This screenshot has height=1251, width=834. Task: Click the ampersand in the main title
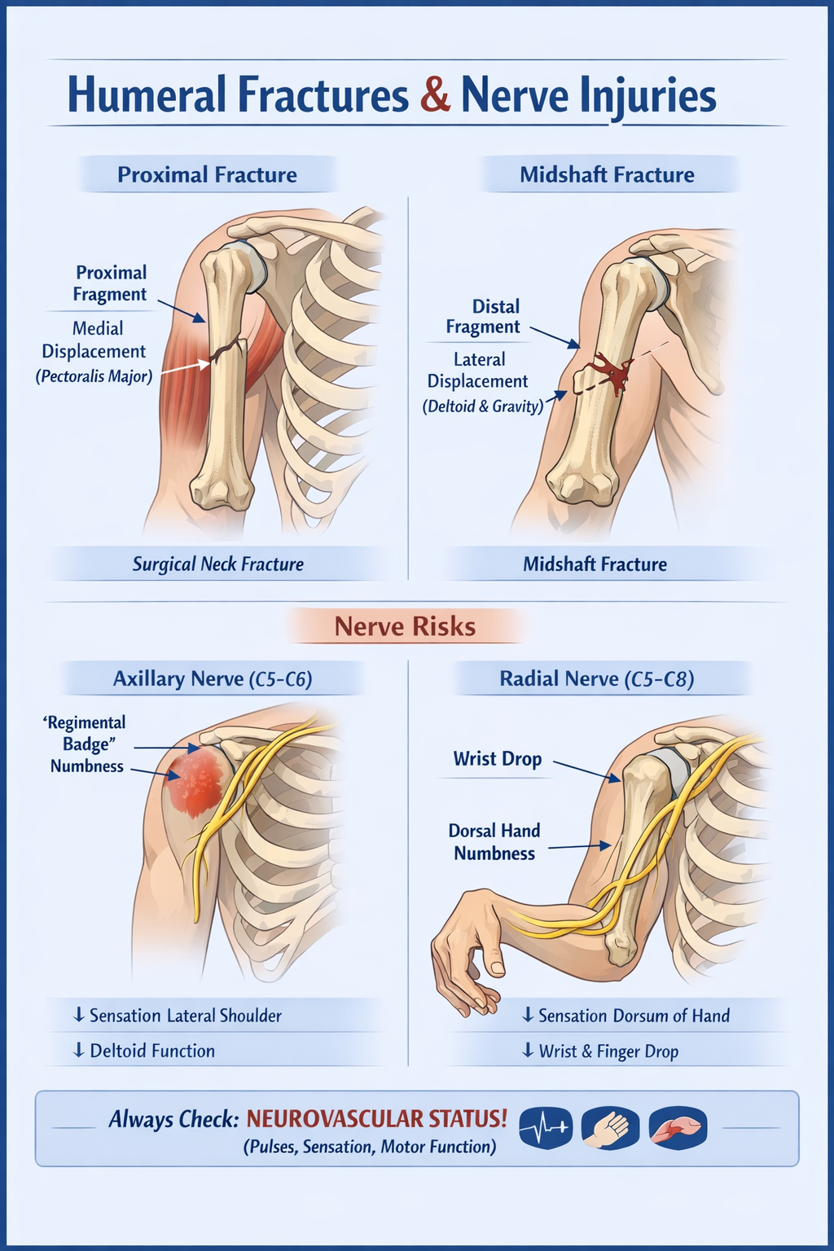pyautogui.click(x=436, y=95)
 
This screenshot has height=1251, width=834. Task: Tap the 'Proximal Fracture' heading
pyautogui.click(x=207, y=175)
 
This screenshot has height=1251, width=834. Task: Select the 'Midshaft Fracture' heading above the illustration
pyautogui.click(x=607, y=175)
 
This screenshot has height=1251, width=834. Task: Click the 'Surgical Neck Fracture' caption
pyautogui.click(x=217, y=564)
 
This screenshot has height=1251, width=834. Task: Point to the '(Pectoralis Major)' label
pyautogui.click(x=94, y=377)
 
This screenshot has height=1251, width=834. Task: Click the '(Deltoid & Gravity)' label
pyautogui.click(x=482, y=406)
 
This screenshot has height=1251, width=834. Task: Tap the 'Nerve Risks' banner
pyautogui.click(x=405, y=626)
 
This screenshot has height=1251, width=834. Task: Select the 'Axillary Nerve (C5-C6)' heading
pyautogui.click(x=213, y=679)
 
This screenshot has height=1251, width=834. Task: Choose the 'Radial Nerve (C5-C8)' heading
pyautogui.click(x=596, y=679)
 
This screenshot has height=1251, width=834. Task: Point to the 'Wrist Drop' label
pyautogui.click(x=497, y=759)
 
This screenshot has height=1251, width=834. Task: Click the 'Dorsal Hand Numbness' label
pyautogui.click(x=494, y=842)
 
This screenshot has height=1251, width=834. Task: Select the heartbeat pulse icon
pyautogui.click(x=545, y=1128)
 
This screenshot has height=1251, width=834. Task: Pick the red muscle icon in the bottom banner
pyautogui.click(x=678, y=1128)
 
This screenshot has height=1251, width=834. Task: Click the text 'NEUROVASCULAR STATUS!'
pyautogui.click(x=376, y=1119)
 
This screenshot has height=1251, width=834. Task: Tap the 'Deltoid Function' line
pyautogui.click(x=151, y=1051)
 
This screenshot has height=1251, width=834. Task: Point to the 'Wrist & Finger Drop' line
pyautogui.click(x=608, y=1051)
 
